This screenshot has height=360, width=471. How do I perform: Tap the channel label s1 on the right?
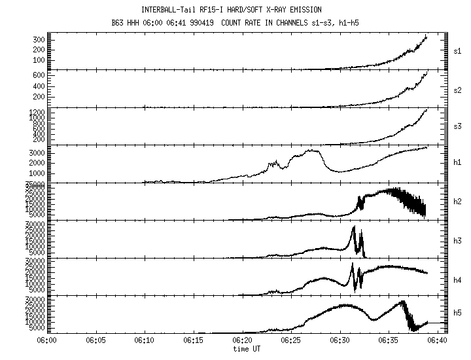point(458,50)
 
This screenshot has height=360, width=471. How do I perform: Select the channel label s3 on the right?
point(458,125)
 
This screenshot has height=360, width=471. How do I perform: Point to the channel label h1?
point(458,162)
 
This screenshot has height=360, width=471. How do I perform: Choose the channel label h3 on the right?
point(458,241)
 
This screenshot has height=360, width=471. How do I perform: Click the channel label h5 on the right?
point(458,314)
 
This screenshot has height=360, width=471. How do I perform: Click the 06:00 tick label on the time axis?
point(47,340)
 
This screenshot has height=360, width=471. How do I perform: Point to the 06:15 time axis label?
point(194,340)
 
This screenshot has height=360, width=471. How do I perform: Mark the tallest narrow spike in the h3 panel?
point(354,228)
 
